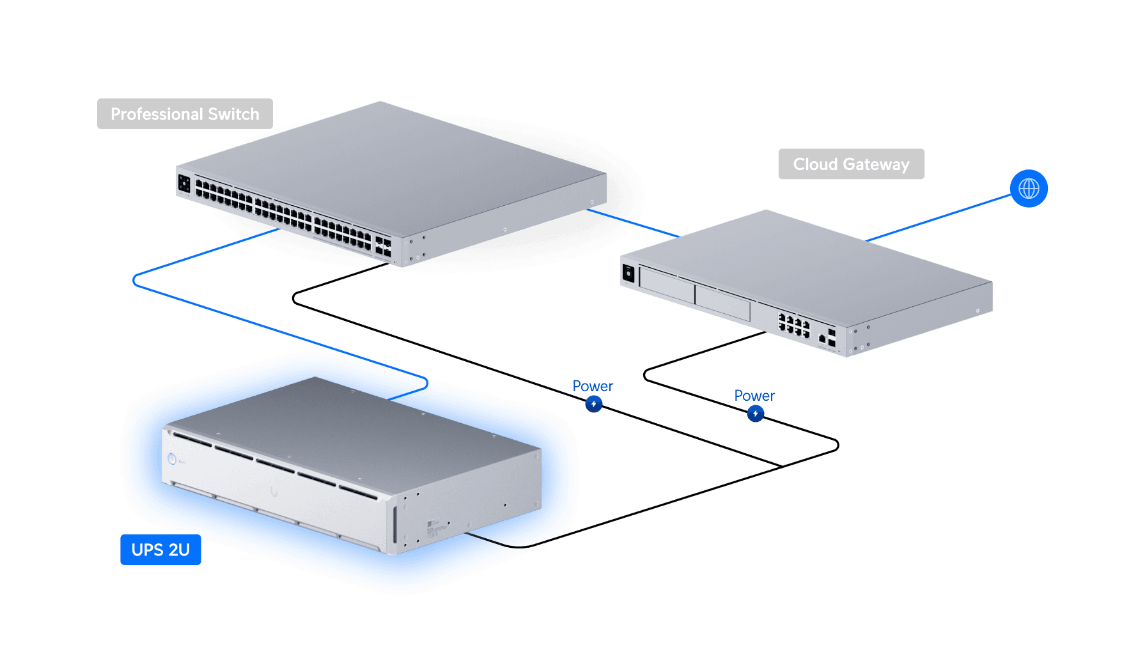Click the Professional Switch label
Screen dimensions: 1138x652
click(x=185, y=114)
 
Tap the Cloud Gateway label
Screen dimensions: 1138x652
click(x=851, y=164)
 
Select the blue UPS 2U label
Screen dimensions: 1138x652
click(x=160, y=550)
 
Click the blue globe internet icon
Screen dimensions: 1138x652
click(x=1029, y=189)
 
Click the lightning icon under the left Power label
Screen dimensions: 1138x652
click(x=594, y=404)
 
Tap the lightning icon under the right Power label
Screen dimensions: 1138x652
click(x=756, y=414)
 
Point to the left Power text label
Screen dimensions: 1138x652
click(x=593, y=386)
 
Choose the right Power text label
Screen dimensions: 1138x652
click(x=754, y=396)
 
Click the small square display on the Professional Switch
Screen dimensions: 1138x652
click(x=184, y=184)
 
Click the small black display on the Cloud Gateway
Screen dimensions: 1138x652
click(x=628, y=274)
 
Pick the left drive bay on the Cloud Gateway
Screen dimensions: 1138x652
click(x=667, y=285)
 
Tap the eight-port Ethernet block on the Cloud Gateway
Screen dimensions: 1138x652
click(x=793, y=325)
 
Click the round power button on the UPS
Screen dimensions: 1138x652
click(x=172, y=459)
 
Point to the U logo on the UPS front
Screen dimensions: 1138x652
click(x=274, y=492)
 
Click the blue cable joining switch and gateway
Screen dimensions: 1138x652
click(x=633, y=223)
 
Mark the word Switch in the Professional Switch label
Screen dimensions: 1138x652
click(x=233, y=114)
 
